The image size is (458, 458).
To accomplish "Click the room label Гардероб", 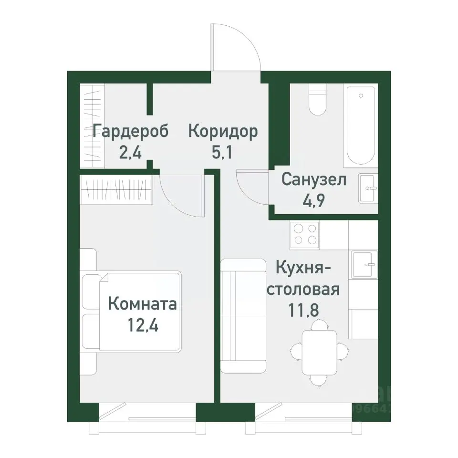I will click(x=130, y=131).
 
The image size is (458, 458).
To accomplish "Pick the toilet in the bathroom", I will click(x=317, y=100).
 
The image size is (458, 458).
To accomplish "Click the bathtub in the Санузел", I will click(x=361, y=125).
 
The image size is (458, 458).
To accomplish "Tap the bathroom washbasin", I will click(x=368, y=188).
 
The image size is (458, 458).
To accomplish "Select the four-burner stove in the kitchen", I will click(x=305, y=234).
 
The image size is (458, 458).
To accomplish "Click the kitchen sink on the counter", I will click(x=364, y=263).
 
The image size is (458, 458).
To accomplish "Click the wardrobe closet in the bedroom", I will click(x=116, y=188).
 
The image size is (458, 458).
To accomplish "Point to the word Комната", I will click(x=143, y=303).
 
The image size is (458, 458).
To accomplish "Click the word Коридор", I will click(x=223, y=131).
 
